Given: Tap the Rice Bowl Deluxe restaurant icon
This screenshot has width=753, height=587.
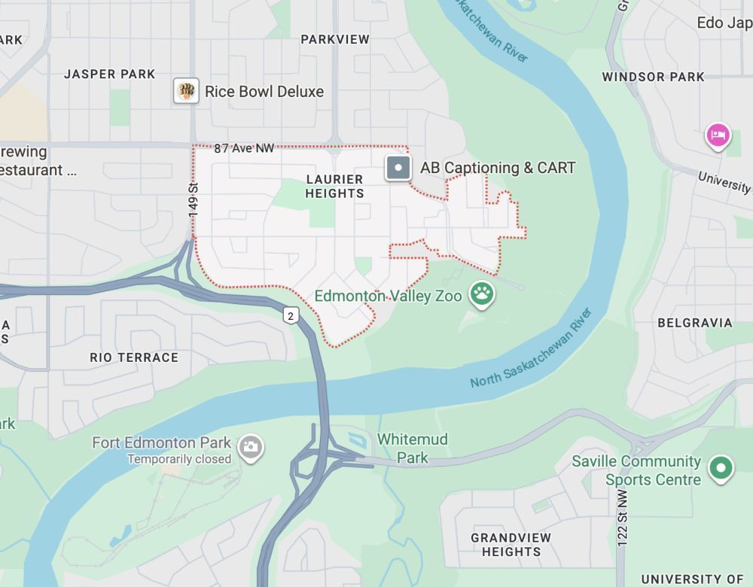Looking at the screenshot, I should click(x=186, y=91).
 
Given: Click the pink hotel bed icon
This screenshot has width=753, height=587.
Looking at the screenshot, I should click(x=718, y=135).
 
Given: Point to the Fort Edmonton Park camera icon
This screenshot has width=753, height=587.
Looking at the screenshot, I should click(x=250, y=447).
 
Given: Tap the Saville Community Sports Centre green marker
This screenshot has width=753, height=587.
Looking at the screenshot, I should click(x=721, y=469).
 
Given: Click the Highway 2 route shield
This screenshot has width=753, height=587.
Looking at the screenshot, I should click(x=291, y=315).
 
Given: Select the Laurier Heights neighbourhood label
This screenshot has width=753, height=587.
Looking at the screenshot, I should click(x=335, y=186).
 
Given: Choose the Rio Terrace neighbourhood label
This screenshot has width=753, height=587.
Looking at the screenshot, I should click(x=134, y=357).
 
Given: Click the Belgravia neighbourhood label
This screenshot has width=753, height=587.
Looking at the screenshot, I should click(x=694, y=323).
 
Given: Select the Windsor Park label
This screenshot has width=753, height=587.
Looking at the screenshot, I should click(x=653, y=77).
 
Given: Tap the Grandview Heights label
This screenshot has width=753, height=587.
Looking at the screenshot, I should click(x=511, y=545).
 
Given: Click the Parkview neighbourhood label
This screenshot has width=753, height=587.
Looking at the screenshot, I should click(x=335, y=39).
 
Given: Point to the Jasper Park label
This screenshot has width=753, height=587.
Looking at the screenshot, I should click(x=109, y=74).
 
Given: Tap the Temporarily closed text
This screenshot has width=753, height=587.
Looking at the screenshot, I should click(x=179, y=459).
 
